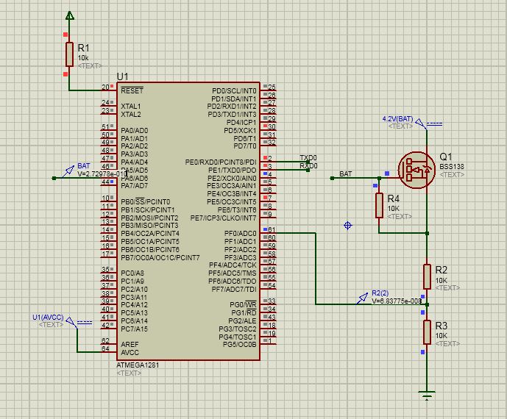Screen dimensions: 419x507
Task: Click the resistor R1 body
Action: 69,54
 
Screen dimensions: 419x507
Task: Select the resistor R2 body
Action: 427,277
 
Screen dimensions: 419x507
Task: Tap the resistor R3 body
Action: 427,332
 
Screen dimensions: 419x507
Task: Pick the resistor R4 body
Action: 379,204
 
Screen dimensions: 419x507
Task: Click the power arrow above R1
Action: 69,15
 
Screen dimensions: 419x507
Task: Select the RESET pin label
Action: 132,91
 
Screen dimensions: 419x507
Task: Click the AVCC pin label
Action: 130,352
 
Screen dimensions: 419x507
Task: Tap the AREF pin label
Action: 130,344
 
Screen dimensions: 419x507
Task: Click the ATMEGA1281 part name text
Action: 138,365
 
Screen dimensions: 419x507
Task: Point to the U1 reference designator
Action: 122,77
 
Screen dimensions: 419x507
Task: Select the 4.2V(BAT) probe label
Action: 397,118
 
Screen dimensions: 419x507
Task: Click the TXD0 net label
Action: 308,158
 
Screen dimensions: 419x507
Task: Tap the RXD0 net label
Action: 308,166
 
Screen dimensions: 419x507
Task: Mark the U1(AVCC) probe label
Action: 48,317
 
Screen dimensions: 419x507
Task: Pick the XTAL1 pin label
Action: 130,107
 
